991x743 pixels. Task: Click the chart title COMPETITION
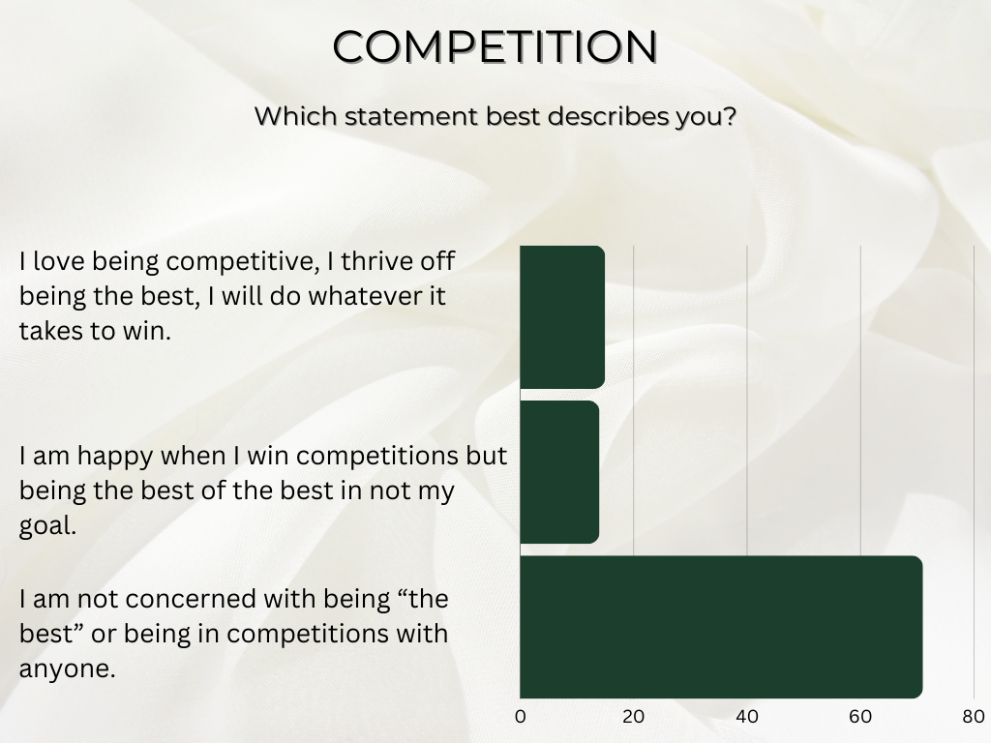click(495, 46)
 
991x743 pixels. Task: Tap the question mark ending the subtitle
click(730, 116)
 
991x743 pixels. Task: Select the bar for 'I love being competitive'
click(562, 317)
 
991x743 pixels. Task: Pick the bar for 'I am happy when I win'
click(559, 472)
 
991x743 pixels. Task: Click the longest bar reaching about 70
click(721, 627)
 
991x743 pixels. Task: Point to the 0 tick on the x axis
click(520, 717)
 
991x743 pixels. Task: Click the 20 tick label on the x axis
click(633, 717)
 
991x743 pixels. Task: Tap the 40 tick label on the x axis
click(747, 717)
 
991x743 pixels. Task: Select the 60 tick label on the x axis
click(860, 717)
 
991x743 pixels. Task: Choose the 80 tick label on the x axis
click(974, 717)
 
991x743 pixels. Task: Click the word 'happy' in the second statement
click(115, 457)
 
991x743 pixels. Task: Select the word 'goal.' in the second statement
click(48, 526)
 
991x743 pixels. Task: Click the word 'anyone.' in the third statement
click(68, 669)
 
